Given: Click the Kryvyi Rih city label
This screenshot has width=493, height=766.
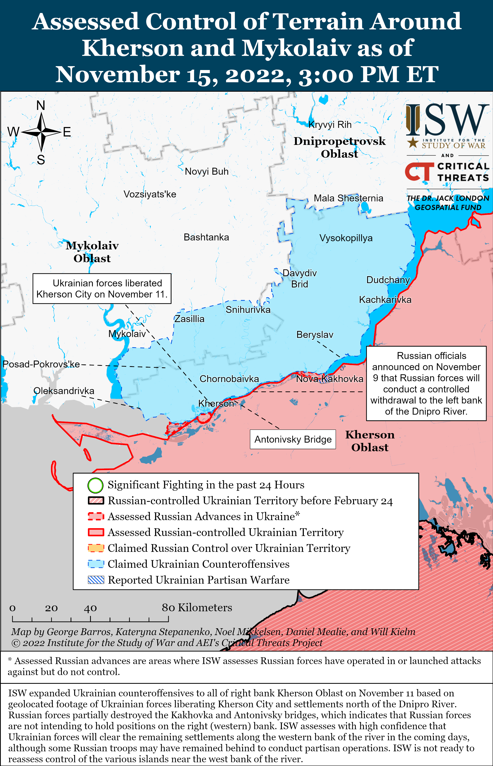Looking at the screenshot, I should (330, 125).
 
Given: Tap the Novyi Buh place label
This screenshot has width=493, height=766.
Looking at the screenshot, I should (206, 171).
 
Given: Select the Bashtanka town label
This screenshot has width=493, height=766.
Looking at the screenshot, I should (206, 237).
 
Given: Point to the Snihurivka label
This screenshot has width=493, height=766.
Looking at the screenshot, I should (248, 310).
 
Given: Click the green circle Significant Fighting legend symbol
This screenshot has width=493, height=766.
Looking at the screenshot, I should (95, 485).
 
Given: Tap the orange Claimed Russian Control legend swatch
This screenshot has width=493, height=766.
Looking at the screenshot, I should (96, 548).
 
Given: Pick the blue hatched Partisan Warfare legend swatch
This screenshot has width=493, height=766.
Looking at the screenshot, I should (96, 580).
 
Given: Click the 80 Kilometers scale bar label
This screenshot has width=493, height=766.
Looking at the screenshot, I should (197, 608).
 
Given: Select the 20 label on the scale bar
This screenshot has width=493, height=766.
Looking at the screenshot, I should (51, 608).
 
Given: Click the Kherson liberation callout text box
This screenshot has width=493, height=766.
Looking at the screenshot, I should (102, 289).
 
